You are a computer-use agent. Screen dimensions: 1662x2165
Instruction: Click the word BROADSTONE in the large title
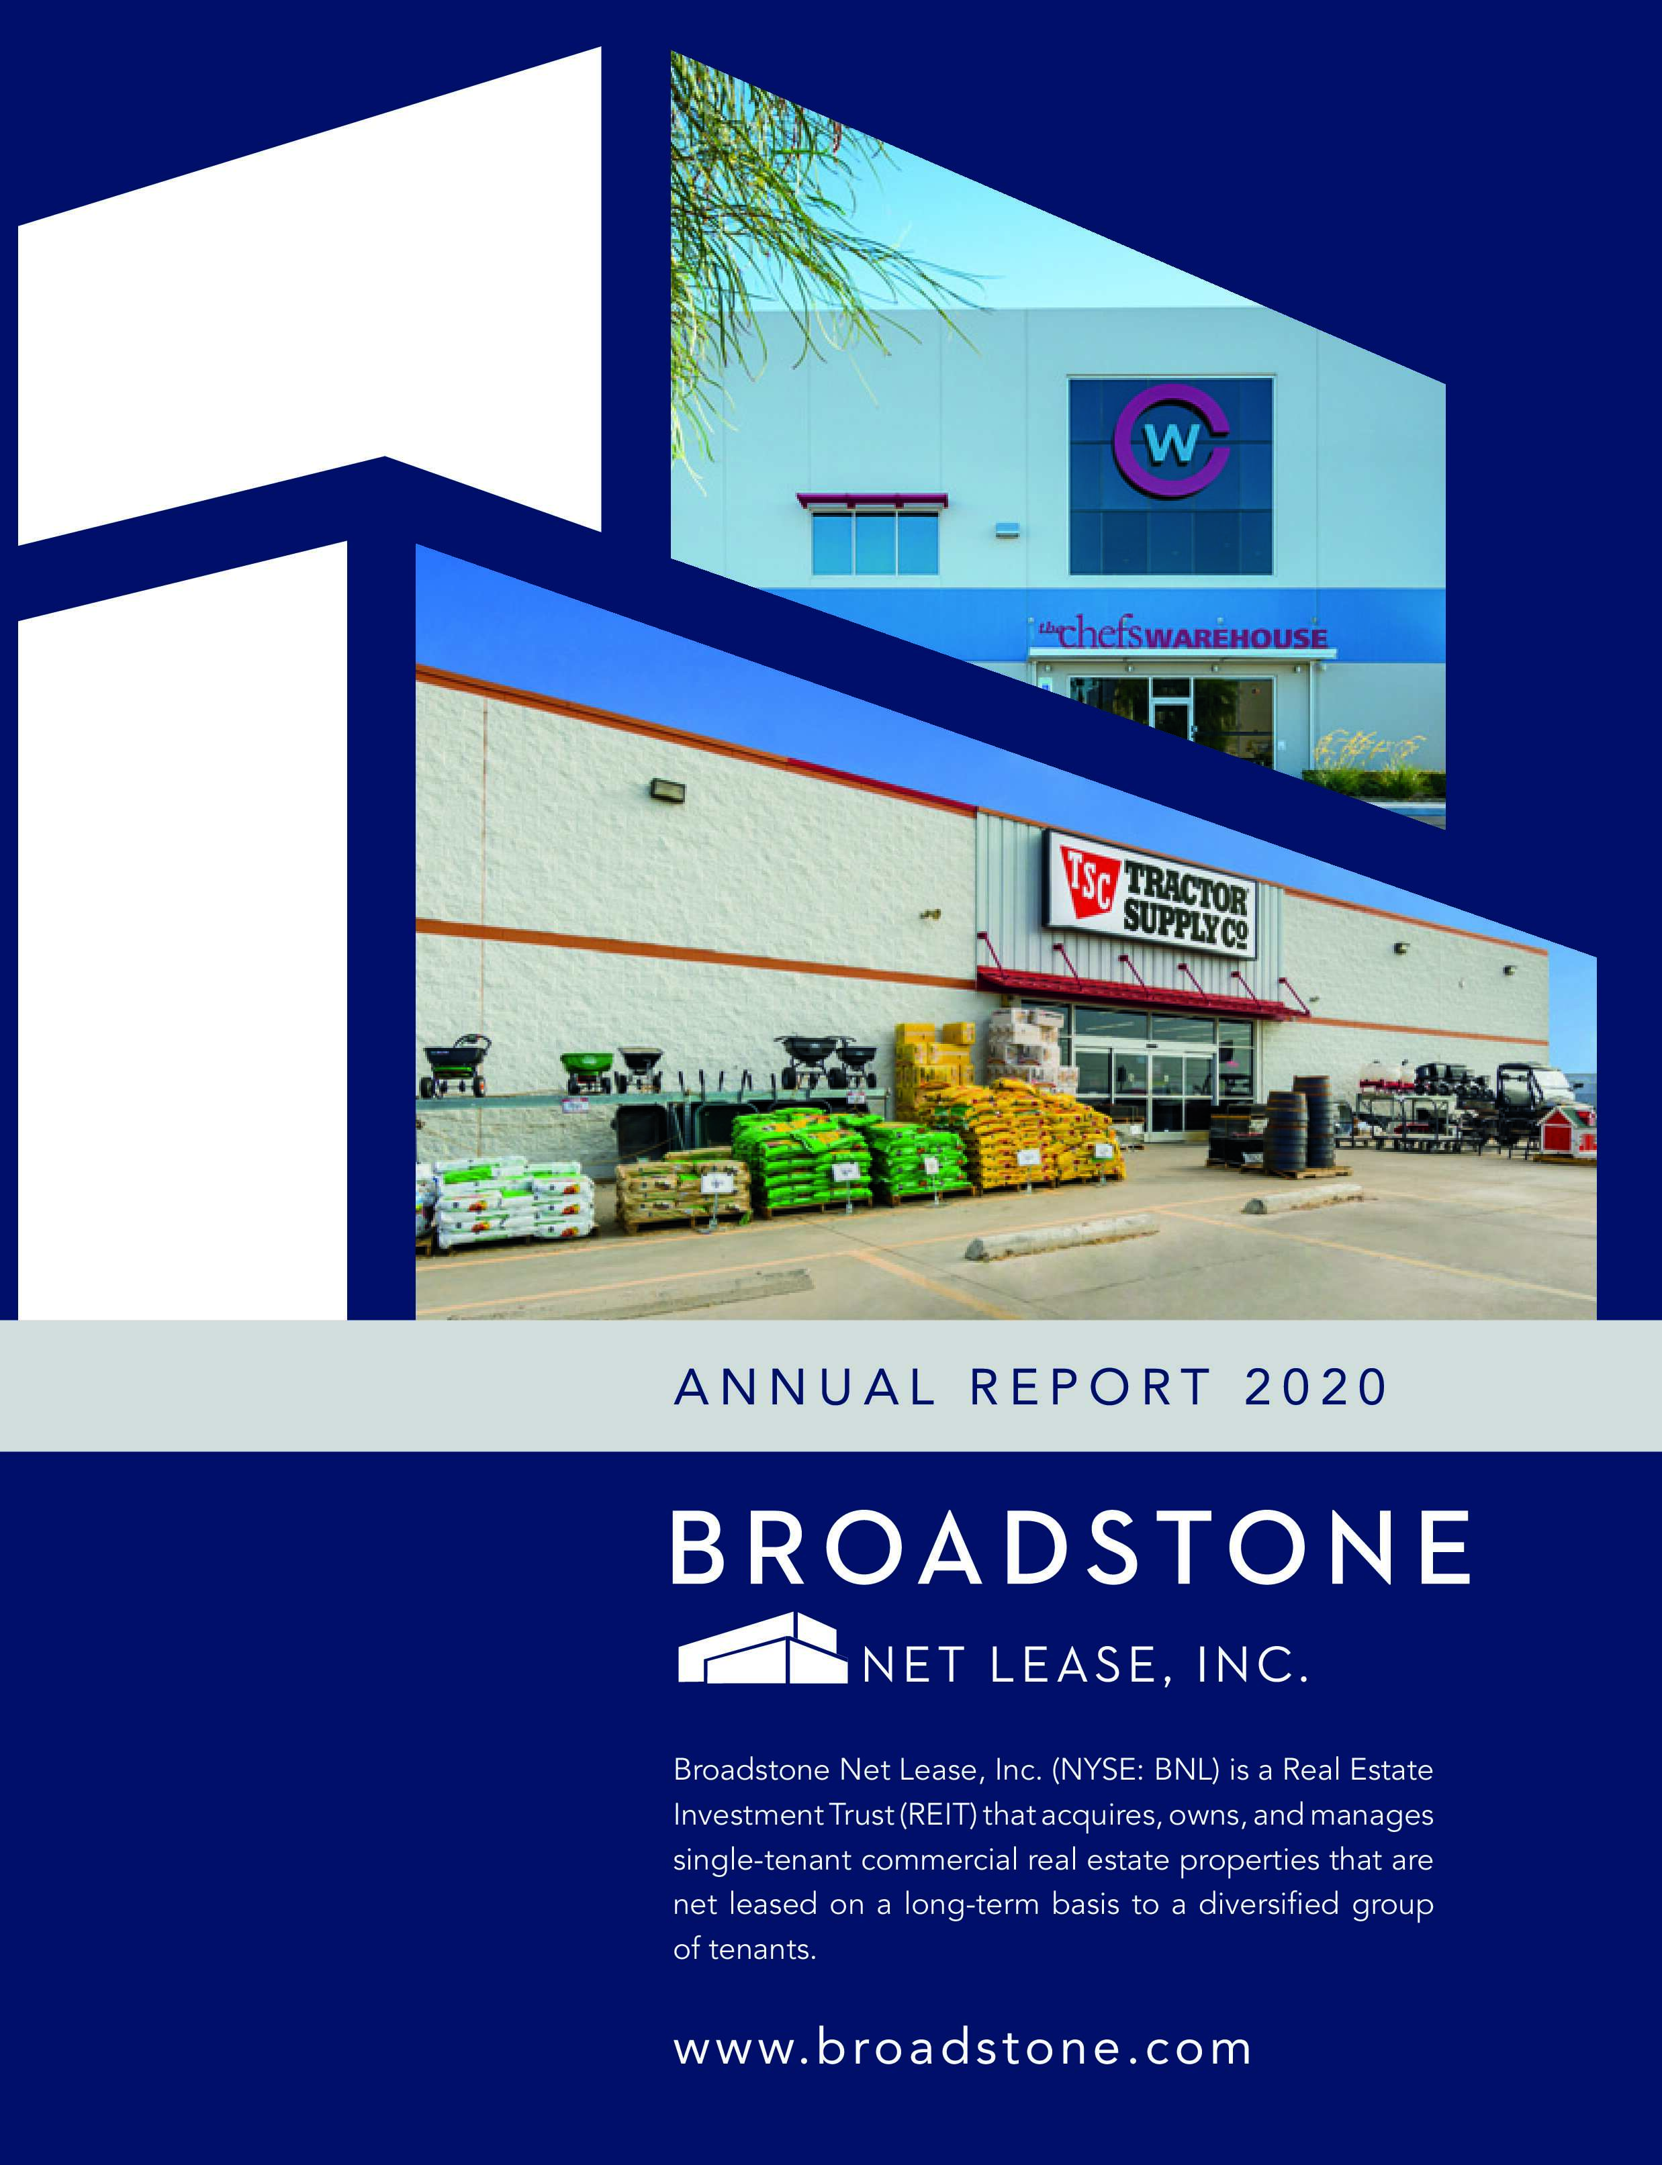(x=1070, y=1548)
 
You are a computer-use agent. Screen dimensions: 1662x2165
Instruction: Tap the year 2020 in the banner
(x=1315, y=1387)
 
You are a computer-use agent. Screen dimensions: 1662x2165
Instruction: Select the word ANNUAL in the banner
(x=804, y=1387)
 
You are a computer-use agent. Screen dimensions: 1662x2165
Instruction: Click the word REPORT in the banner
(x=1090, y=1387)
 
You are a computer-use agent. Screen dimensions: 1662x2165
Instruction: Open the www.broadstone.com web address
(x=962, y=2048)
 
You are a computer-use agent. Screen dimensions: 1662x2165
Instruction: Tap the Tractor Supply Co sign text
(x=1185, y=908)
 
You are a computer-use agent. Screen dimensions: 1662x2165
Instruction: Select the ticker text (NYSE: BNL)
(x=1136, y=1770)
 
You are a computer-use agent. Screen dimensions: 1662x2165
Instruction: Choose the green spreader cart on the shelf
(x=587, y=1071)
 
